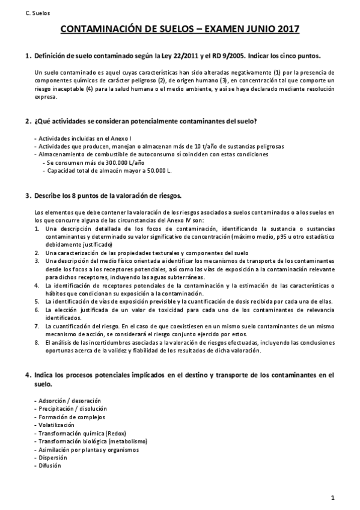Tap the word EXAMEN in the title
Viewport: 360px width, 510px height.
tap(213, 30)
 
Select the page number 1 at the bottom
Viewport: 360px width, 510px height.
tap(332, 497)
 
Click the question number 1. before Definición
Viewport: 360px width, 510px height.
tap(28, 56)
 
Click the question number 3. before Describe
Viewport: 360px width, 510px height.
tap(28, 197)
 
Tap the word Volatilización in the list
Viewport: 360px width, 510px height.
tap(58, 425)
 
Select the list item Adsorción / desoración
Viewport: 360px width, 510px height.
tap(67, 400)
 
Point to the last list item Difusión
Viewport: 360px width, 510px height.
tap(50, 465)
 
